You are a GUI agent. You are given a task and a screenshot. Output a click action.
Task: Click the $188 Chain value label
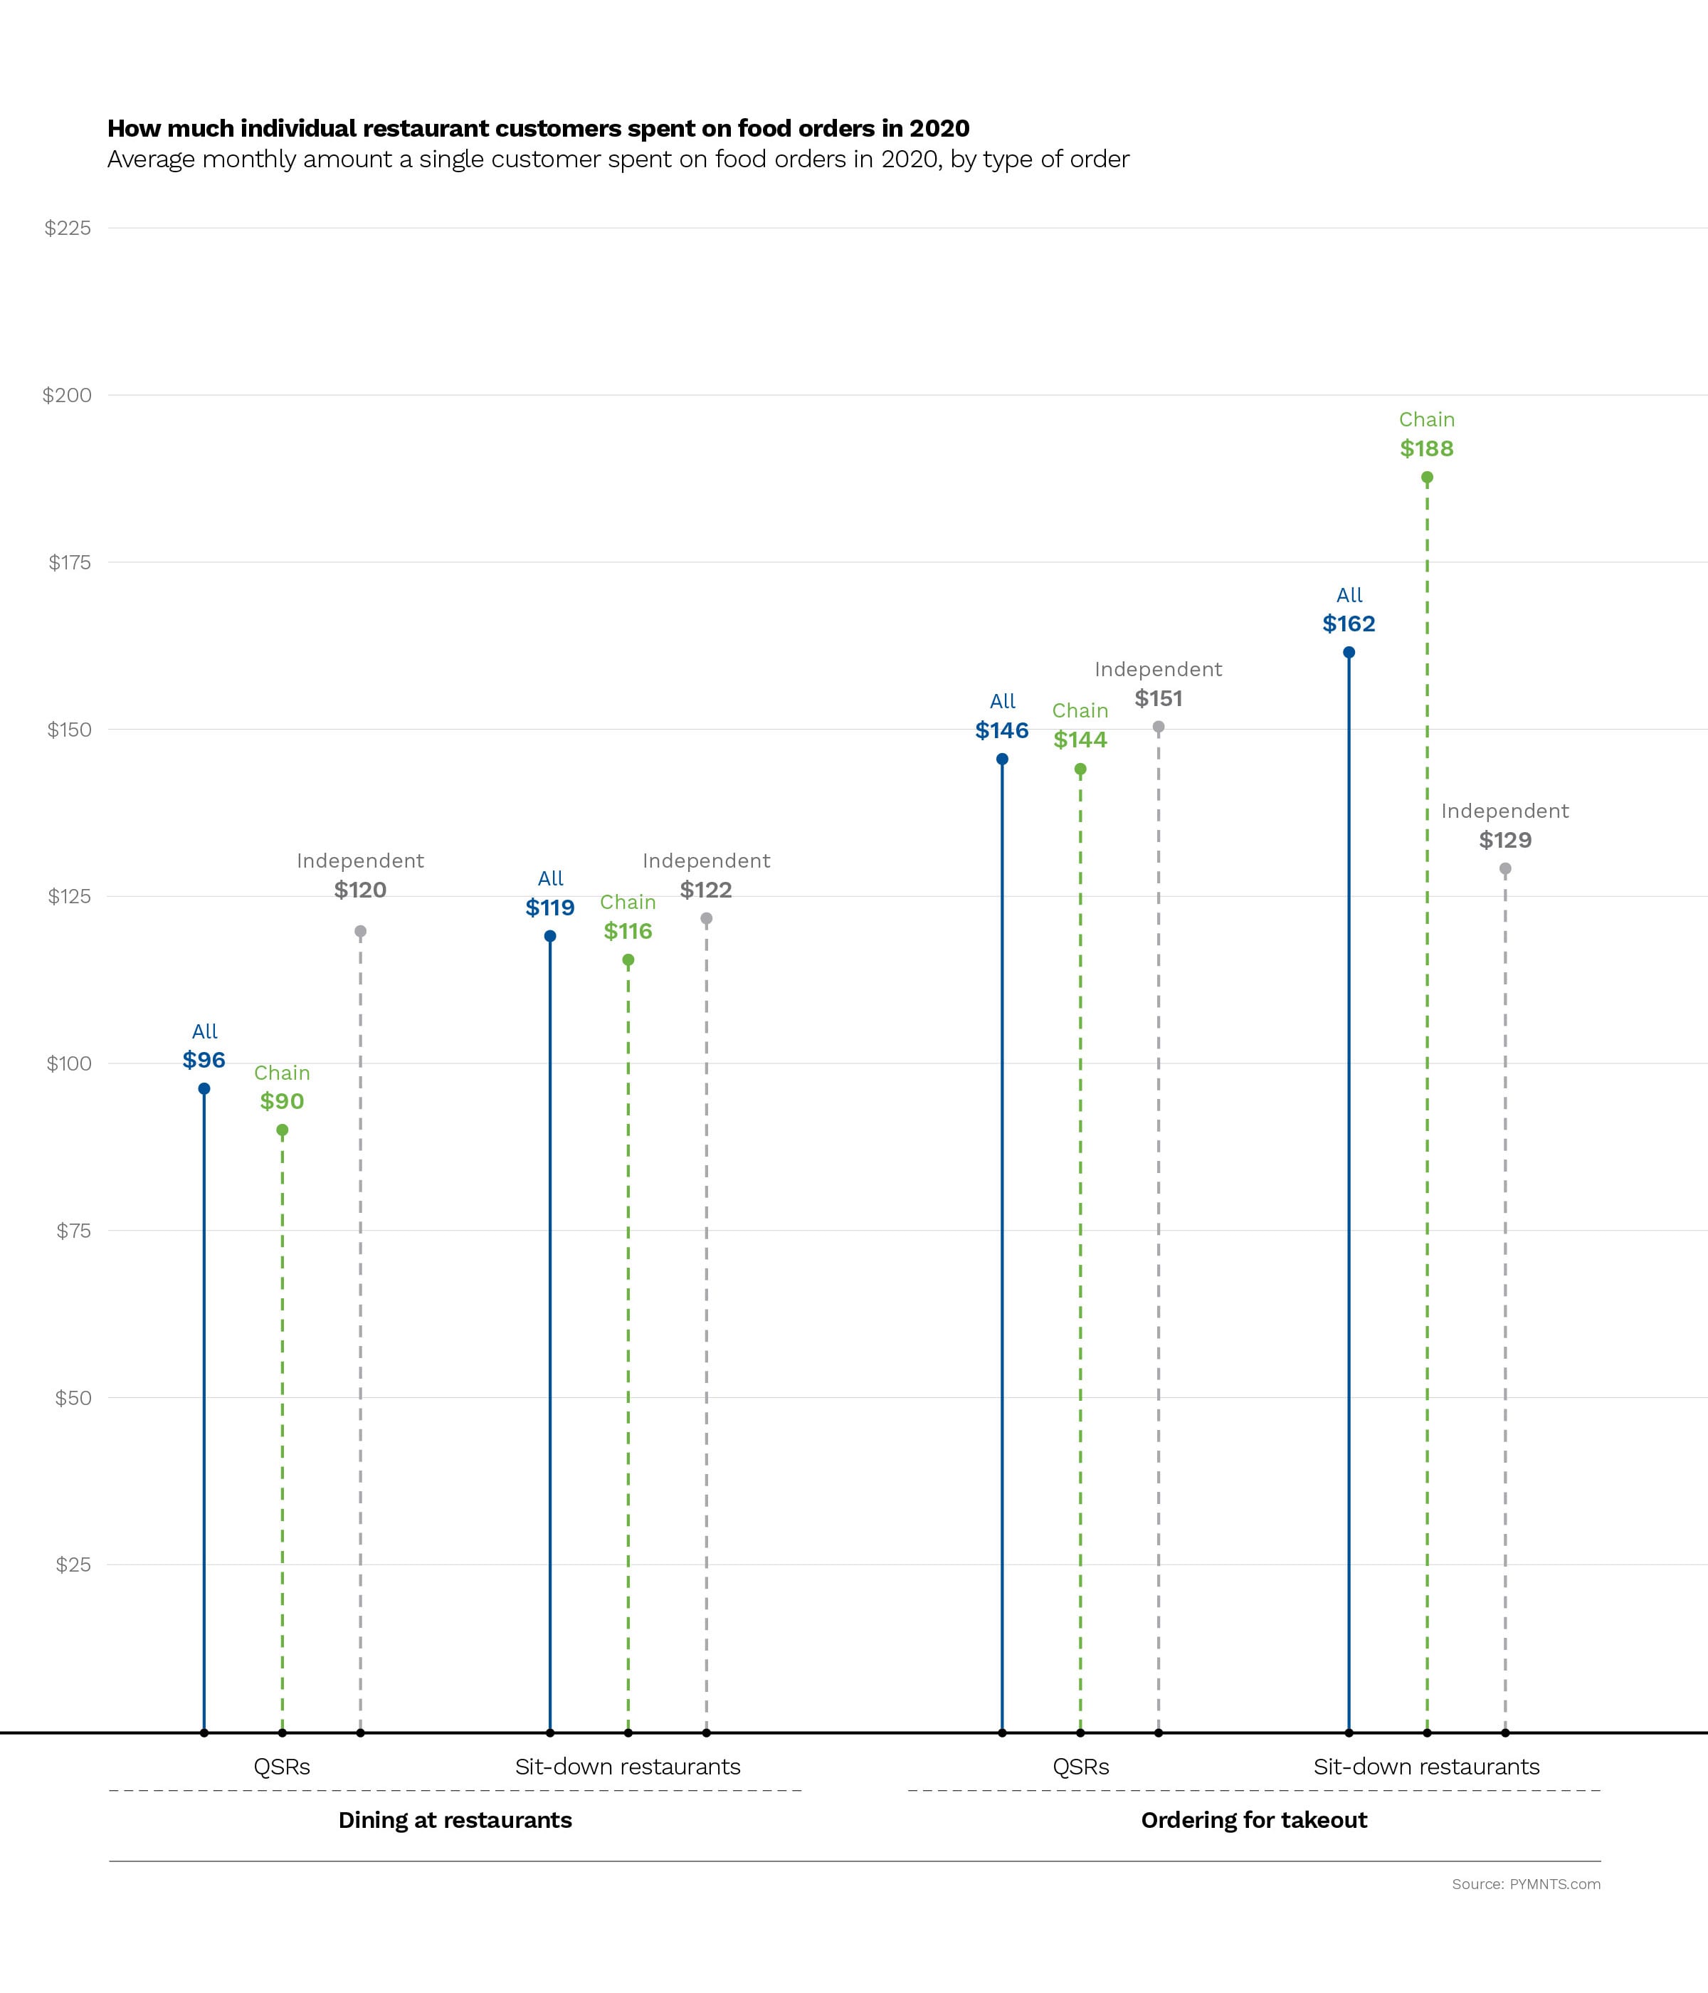pos(1426,448)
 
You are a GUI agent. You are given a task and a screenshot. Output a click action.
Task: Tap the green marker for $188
pos(1427,477)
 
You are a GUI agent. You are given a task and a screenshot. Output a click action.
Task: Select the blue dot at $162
pos(1349,652)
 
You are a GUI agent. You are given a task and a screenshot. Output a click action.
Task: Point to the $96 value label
pos(204,1060)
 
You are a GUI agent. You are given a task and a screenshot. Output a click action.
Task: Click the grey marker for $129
pos(1505,868)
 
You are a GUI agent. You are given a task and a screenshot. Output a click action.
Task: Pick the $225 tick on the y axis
pos(68,228)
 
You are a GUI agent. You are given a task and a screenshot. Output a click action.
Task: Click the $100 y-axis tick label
pos(68,1063)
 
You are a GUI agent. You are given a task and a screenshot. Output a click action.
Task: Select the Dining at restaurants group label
pos(455,1820)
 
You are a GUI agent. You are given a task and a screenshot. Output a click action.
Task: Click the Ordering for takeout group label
pos(1253,1820)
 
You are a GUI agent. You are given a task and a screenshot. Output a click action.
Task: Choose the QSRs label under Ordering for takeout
pos(1081,1766)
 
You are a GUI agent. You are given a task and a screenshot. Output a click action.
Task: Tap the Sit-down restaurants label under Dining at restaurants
pos(627,1766)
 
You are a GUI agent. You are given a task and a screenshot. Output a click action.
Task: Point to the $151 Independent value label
pos(1158,698)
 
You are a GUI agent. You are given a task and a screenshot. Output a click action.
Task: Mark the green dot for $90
pos(282,1130)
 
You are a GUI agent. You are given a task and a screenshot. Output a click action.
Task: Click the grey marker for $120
pos(361,931)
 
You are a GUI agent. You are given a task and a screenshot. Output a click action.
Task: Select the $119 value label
pos(550,907)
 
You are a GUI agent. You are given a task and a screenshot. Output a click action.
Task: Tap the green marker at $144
pos(1080,769)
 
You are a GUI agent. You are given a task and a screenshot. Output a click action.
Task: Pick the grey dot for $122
pos(706,919)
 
